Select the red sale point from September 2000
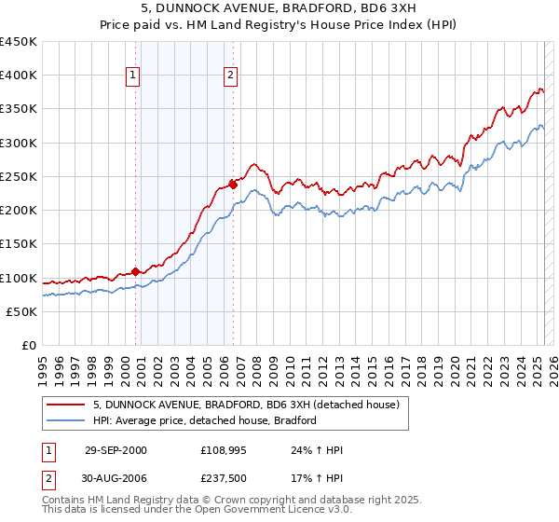point(135,271)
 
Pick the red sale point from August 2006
point(233,184)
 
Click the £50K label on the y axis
point(22,311)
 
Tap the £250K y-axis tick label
point(19,176)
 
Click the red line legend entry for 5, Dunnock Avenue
point(246,405)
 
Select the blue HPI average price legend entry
point(205,420)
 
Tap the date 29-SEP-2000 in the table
point(116,450)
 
